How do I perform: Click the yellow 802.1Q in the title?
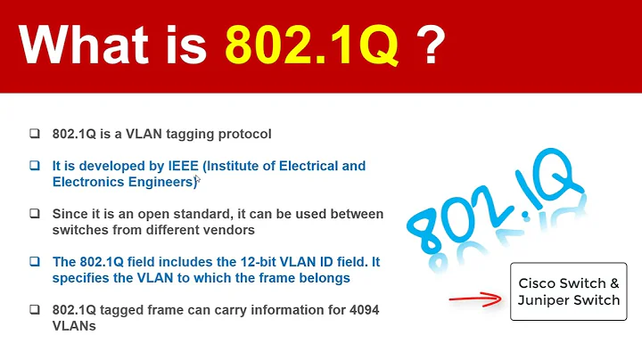(311, 45)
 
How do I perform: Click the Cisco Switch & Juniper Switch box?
(569, 291)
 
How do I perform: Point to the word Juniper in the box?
(547, 300)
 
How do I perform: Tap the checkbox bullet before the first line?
(34, 135)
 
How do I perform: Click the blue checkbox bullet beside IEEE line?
(34, 167)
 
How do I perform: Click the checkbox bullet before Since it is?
(34, 215)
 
